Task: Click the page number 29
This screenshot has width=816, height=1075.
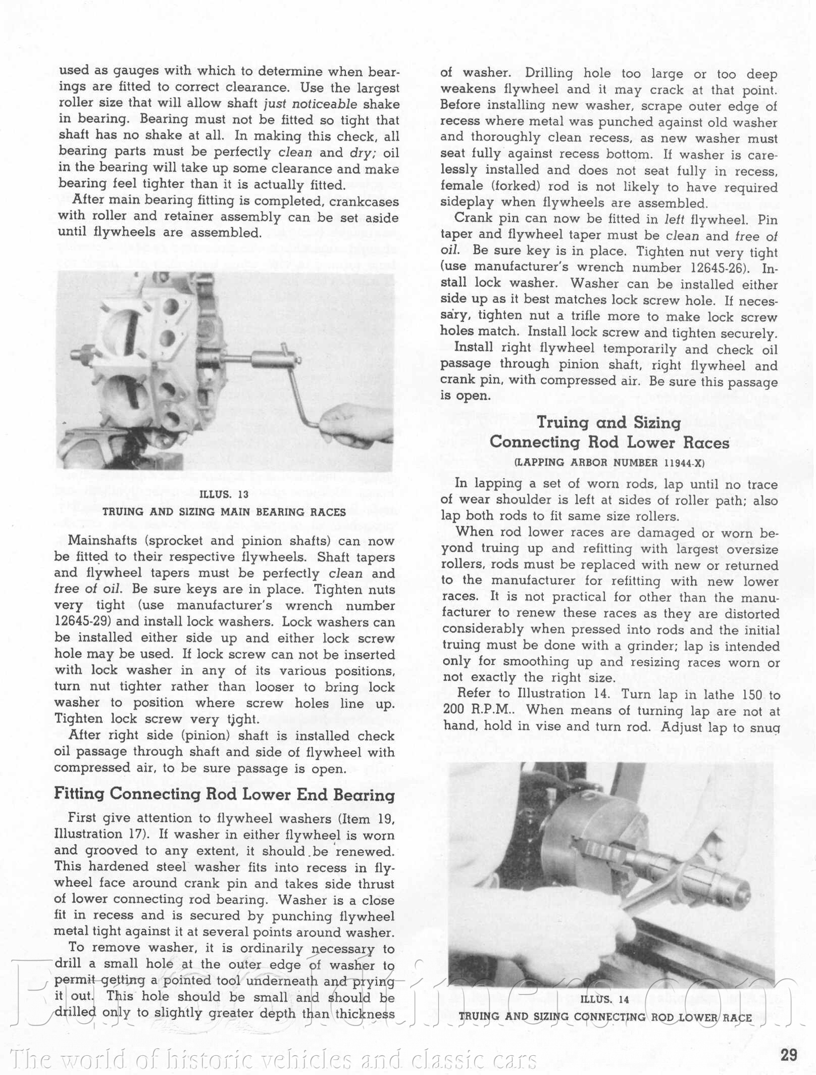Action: [789, 1055]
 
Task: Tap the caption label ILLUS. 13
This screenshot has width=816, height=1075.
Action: [224, 495]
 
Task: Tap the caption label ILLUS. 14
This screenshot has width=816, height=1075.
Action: [604, 999]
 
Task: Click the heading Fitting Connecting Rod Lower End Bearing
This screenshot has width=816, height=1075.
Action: [224, 795]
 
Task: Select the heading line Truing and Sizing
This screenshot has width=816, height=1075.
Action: [608, 422]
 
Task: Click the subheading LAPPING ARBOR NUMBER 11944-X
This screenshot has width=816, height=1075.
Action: [609, 462]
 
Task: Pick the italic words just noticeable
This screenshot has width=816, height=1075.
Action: [311, 105]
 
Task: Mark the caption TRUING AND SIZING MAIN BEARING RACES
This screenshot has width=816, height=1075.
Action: [224, 512]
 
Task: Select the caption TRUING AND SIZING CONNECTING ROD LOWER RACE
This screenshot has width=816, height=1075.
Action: [605, 1017]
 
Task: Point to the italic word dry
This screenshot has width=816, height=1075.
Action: [362, 153]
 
